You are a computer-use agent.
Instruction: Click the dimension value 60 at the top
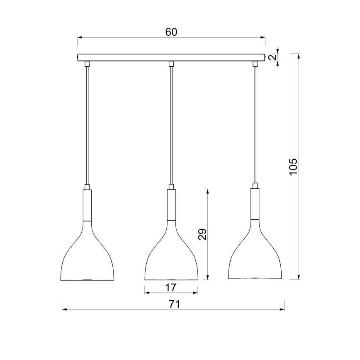tap(171, 32)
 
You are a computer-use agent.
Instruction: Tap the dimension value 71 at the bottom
tap(174, 304)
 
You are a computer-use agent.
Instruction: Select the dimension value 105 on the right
tap(293, 166)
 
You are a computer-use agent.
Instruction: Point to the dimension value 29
tap(202, 234)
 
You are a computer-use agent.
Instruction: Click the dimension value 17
tap(171, 287)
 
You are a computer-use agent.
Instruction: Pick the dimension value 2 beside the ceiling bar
tap(272, 57)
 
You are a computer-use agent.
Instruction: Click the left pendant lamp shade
tap(87, 261)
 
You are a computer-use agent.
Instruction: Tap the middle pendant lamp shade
tap(171, 261)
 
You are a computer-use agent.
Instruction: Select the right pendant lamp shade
tap(255, 261)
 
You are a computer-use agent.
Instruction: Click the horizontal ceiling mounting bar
tap(171, 57)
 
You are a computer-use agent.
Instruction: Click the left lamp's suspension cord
tap(87, 124)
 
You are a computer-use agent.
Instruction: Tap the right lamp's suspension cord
tap(255, 124)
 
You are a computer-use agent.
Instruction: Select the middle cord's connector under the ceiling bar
tap(171, 63)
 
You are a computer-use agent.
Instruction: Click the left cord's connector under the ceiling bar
tap(87, 63)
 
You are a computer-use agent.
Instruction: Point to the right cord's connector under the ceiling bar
tap(255, 63)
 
